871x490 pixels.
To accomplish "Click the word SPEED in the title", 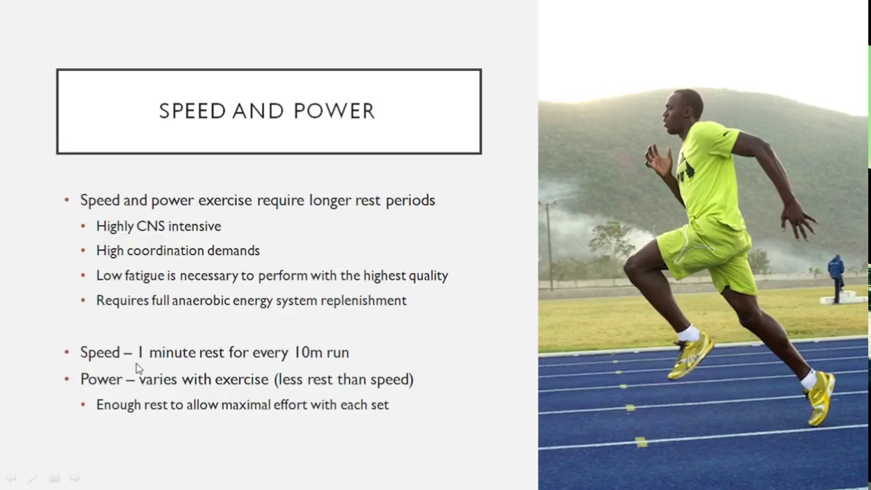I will (192, 112).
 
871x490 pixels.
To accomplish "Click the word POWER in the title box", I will (334, 112).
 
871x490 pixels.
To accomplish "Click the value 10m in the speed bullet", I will (308, 353).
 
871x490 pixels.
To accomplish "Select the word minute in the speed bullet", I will (172, 353).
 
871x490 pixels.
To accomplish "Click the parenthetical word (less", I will (289, 379).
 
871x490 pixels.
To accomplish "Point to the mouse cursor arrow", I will (139, 368).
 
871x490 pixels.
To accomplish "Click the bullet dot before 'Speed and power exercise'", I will (67, 200).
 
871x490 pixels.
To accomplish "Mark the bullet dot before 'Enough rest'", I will (83, 405).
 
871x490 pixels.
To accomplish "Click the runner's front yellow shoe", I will (691, 355).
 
